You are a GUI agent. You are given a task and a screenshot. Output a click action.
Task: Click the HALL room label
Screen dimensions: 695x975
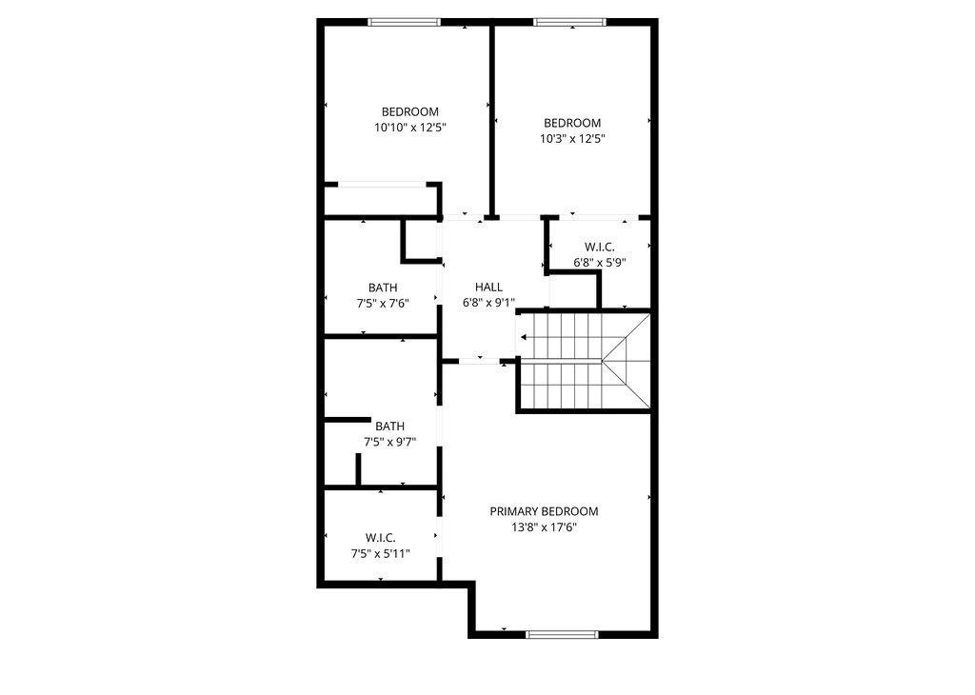click(x=488, y=287)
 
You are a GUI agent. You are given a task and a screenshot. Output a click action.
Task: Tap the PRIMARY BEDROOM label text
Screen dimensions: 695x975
click(x=544, y=511)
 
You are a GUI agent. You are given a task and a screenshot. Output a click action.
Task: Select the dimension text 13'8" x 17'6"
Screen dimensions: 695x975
click(x=544, y=526)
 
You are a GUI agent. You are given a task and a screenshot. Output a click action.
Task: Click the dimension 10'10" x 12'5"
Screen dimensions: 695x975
click(x=410, y=127)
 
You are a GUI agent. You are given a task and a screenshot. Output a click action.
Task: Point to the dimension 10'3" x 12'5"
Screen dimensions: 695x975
click(x=572, y=138)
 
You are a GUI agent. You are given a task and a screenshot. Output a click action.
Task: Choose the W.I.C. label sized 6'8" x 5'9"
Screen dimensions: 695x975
click(x=600, y=247)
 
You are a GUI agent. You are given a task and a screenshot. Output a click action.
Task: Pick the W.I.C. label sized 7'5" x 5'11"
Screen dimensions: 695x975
click(x=380, y=538)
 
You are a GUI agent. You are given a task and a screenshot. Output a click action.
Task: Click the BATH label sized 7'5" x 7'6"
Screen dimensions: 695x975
click(x=383, y=288)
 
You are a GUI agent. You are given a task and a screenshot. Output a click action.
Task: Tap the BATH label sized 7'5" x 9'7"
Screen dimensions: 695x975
click(x=389, y=427)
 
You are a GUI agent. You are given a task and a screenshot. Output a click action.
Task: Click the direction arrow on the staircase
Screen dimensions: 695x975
click(x=526, y=336)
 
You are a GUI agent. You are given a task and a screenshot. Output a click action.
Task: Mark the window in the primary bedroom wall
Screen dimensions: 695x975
click(x=563, y=634)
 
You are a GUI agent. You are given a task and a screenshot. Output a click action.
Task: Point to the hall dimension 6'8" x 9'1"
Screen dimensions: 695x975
click(x=488, y=303)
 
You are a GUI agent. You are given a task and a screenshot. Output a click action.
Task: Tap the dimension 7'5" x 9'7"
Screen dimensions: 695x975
click(x=389, y=442)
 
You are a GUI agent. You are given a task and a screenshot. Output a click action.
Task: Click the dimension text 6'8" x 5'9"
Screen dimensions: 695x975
click(x=600, y=262)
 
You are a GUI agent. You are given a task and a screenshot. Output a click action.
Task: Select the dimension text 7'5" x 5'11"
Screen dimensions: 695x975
click(x=380, y=553)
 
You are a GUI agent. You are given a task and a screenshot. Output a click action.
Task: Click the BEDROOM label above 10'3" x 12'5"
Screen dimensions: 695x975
click(x=572, y=123)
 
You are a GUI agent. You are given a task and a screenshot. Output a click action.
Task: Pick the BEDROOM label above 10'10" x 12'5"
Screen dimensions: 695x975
click(x=410, y=111)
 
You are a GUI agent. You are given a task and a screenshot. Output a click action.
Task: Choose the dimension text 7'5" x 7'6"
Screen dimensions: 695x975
click(x=383, y=303)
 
